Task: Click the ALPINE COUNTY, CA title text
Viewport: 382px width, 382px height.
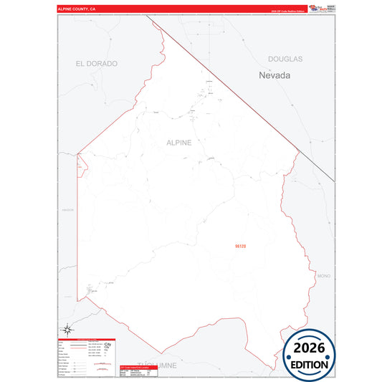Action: [77, 10]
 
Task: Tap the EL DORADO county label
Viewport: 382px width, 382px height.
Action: [96, 64]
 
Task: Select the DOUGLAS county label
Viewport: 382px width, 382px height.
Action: [285, 59]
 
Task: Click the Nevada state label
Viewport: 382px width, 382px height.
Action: [274, 74]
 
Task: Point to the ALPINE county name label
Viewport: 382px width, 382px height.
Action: [178, 143]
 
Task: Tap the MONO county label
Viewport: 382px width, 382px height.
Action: [323, 275]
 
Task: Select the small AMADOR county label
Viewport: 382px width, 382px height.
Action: [68, 209]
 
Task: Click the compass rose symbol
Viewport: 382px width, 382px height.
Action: [67, 329]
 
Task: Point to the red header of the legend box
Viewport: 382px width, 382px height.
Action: [87, 338]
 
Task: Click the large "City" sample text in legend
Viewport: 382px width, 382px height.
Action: [108, 345]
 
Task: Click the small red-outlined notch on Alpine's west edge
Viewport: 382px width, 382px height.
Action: [81, 165]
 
